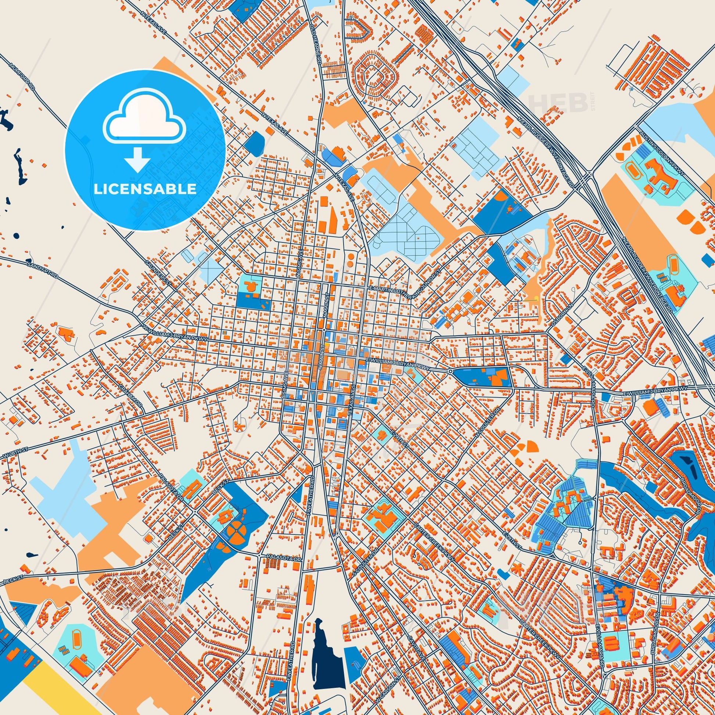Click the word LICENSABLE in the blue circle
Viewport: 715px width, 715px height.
145,189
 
